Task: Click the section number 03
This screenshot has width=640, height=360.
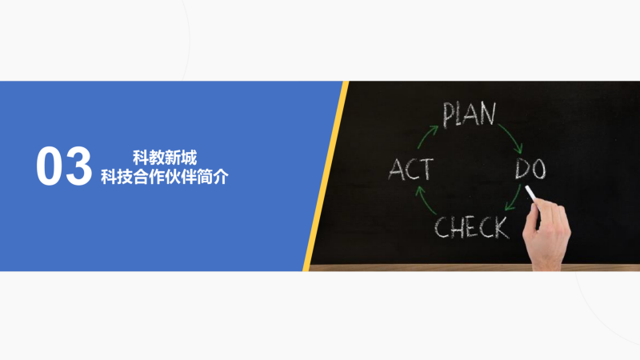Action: pyautogui.click(x=64, y=166)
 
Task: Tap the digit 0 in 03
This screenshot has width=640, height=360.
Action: pyautogui.click(x=50, y=166)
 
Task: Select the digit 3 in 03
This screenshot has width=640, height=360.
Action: pyautogui.click(x=78, y=166)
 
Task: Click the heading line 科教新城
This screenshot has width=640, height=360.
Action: pyautogui.click(x=165, y=158)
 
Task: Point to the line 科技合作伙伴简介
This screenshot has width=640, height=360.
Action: pyautogui.click(x=165, y=177)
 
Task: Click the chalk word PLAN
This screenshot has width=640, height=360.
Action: pyautogui.click(x=470, y=114)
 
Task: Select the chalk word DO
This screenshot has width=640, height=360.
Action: pyautogui.click(x=530, y=169)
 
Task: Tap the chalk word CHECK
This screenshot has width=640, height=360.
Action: pyautogui.click(x=471, y=227)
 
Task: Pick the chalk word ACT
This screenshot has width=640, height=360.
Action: pyautogui.click(x=410, y=170)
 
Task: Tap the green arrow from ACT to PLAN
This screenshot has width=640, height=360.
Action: pyautogui.click(x=426, y=136)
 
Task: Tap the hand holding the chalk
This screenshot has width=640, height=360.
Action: pyautogui.click(x=547, y=234)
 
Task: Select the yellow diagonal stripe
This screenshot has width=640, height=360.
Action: pyautogui.click(x=326, y=176)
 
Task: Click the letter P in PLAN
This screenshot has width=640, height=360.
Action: pyautogui.click(x=448, y=115)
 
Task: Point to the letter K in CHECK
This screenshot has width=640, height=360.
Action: pyautogui.click(x=502, y=228)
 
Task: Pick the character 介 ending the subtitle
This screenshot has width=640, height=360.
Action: pyautogui.click(x=221, y=177)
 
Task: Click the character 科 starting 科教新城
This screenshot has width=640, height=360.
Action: pyautogui.click(x=141, y=158)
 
